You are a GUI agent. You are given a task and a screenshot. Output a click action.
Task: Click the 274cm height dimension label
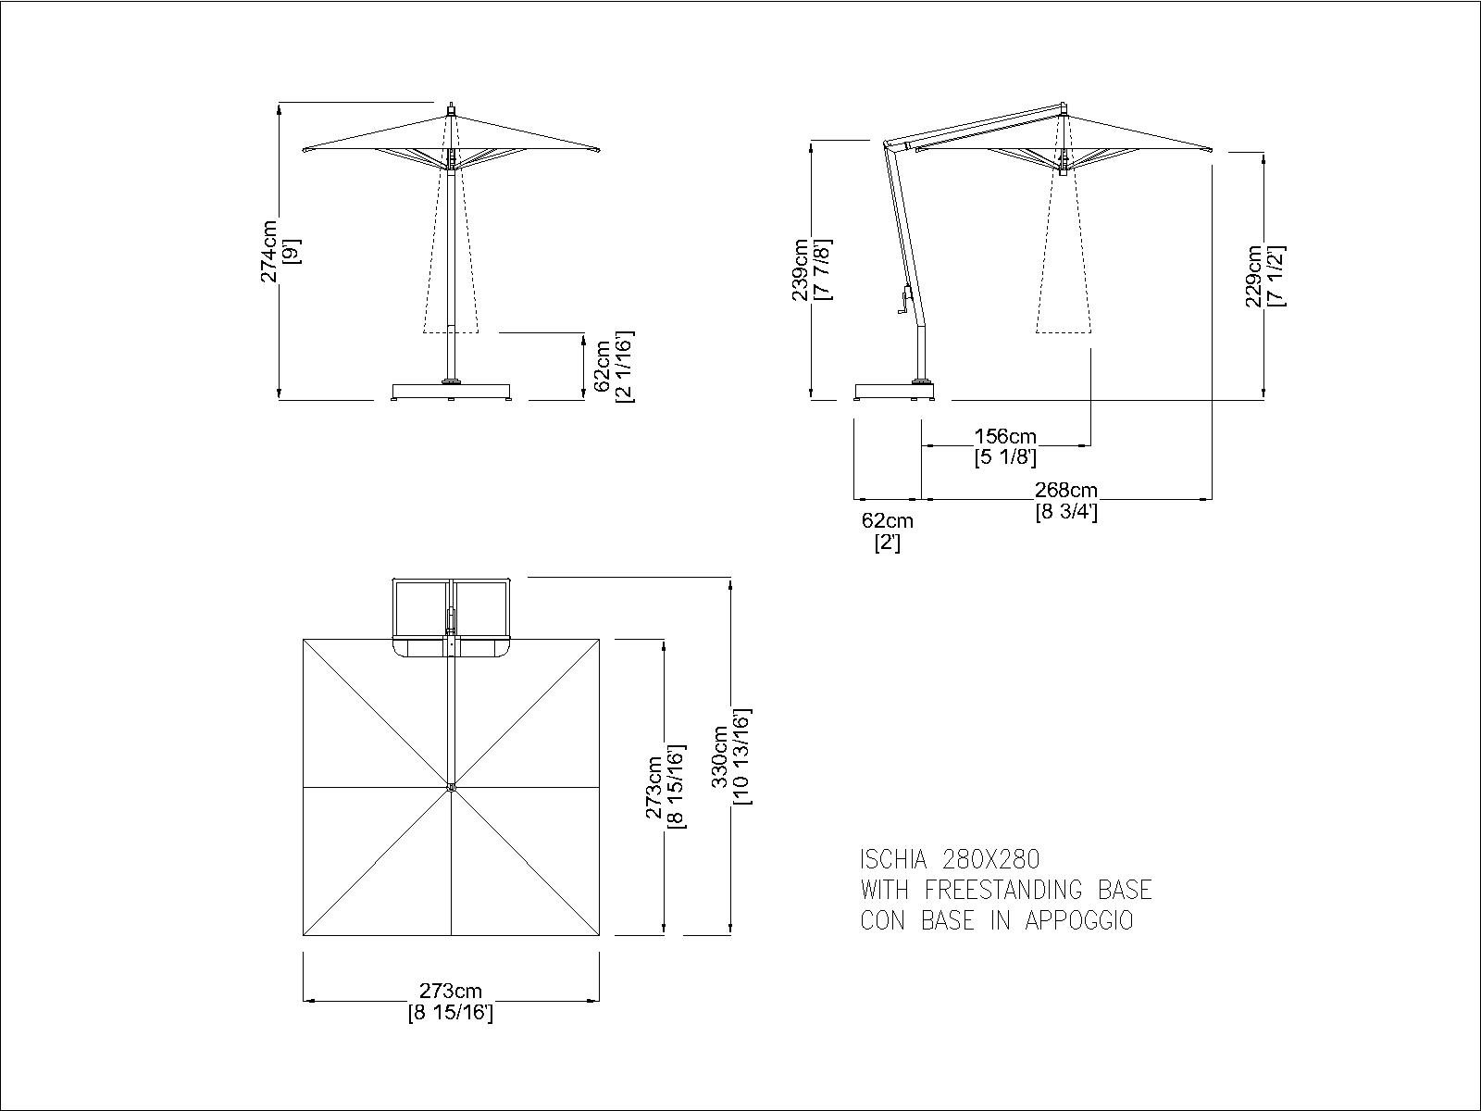[x=269, y=251]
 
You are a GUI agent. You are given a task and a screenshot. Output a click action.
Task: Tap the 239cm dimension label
[x=801, y=269]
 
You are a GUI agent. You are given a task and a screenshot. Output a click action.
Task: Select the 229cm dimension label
[x=1253, y=276]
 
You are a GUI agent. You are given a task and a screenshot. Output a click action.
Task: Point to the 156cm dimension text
[x=1005, y=436]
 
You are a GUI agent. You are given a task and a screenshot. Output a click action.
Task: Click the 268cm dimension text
[x=1066, y=490]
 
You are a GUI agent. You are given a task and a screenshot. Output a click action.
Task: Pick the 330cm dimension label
[x=720, y=756]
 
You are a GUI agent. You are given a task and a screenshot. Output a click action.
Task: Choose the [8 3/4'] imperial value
[x=1066, y=512]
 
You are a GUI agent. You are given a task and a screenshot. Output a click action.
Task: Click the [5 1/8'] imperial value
[x=1005, y=457]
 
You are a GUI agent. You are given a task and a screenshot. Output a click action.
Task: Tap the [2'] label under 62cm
[x=888, y=543]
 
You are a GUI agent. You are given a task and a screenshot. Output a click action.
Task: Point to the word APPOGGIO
[x=1079, y=921]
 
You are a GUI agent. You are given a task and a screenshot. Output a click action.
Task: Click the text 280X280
[x=990, y=859]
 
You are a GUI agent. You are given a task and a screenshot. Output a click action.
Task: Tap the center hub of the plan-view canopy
[x=451, y=787]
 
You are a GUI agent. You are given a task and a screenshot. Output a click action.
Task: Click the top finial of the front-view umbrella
[x=452, y=109]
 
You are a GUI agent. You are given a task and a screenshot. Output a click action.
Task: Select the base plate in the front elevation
[x=452, y=392]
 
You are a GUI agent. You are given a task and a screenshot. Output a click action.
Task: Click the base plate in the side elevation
[x=895, y=392]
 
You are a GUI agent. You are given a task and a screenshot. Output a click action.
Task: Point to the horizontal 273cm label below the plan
[x=451, y=991]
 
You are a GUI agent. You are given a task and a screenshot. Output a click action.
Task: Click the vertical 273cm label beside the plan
[x=654, y=787]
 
